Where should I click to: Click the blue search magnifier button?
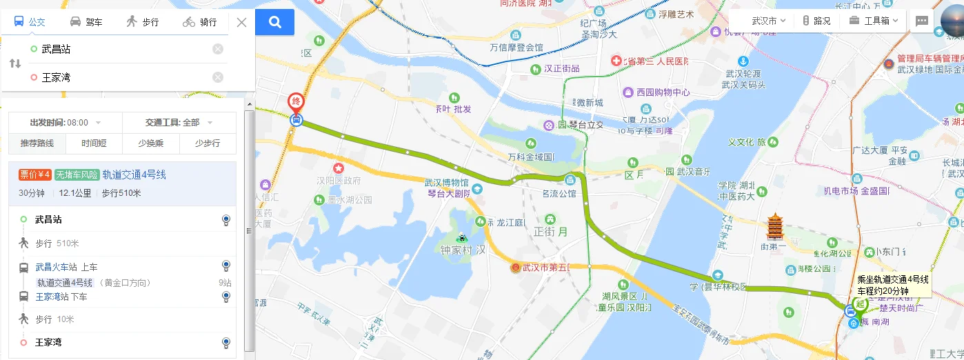click(x=274, y=22)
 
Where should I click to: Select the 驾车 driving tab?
click(x=86, y=22)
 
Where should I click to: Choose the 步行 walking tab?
click(x=143, y=22)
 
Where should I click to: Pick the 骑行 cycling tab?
click(x=200, y=22)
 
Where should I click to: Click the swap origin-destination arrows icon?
click(x=15, y=63)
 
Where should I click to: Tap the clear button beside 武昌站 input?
click(x=218, y=49)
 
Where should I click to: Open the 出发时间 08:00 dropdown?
click(x=66, y=123)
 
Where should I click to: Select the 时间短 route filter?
click(x=94, y=143)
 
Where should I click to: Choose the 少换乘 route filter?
click(x=150, y=143)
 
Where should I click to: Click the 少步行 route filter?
click(x=207, y=143)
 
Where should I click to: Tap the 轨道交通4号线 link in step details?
click(x=65, y=283)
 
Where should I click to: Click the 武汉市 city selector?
click(x=769, y=21)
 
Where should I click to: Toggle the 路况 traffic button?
click(x=816, y=21)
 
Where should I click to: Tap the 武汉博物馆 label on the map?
click(x=446, y=183)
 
